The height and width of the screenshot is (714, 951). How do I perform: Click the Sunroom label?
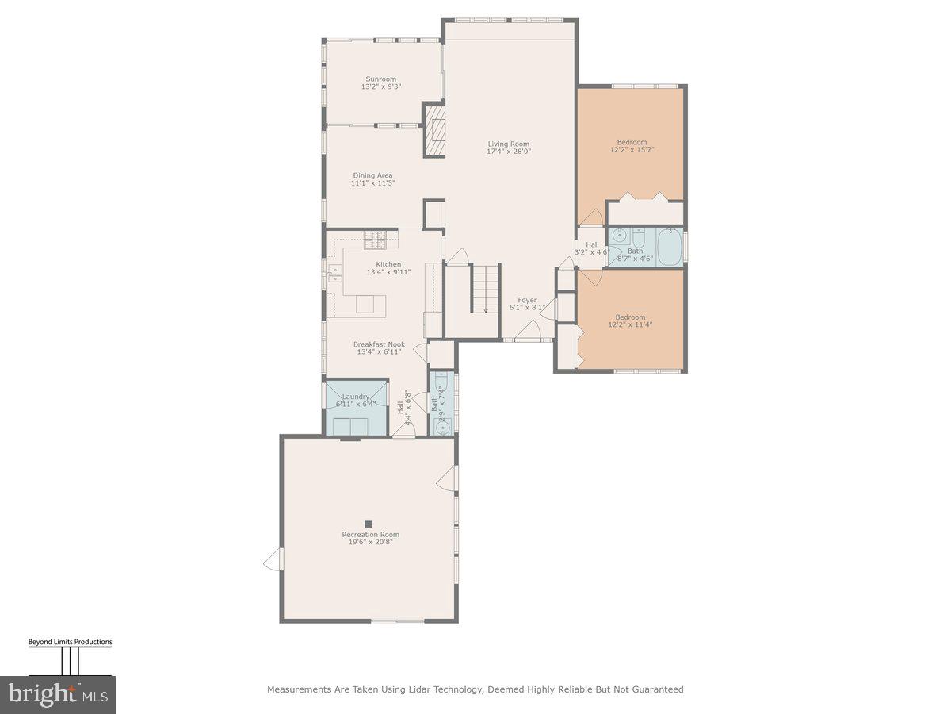click(x=380, y=79)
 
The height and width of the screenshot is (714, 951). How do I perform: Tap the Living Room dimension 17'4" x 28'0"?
click(x=509, y=151)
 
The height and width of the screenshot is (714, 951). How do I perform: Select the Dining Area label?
click(x=372, y=175)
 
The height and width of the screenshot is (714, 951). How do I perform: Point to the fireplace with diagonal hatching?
click(x=433, y=131)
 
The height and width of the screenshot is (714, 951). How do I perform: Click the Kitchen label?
click(x=388, y=264)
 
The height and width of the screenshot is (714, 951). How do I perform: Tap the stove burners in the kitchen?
click(x=375, y=236)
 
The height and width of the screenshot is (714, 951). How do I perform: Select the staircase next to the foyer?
click(x=485, y=289)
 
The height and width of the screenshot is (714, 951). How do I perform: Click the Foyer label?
click(x=527, y=300)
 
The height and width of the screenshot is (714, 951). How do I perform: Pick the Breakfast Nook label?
click(x=379, y=344)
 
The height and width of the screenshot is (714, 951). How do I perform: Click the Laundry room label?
click(x=356, y=397)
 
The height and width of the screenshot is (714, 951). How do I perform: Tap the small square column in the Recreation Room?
click(x=369, y=524)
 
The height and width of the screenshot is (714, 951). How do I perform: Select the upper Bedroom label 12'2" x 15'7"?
click(x=632, y=143)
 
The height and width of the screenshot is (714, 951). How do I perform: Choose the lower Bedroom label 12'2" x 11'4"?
click(x=630, y=317)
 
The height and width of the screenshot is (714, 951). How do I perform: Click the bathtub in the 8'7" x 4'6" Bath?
click(x=668, y=247)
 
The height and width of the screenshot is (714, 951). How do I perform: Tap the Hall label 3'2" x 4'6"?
click(x=592, y=244)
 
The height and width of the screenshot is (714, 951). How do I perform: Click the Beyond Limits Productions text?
click(x=70, y=642)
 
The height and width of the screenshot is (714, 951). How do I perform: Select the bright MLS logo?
click(x=57, y=695)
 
